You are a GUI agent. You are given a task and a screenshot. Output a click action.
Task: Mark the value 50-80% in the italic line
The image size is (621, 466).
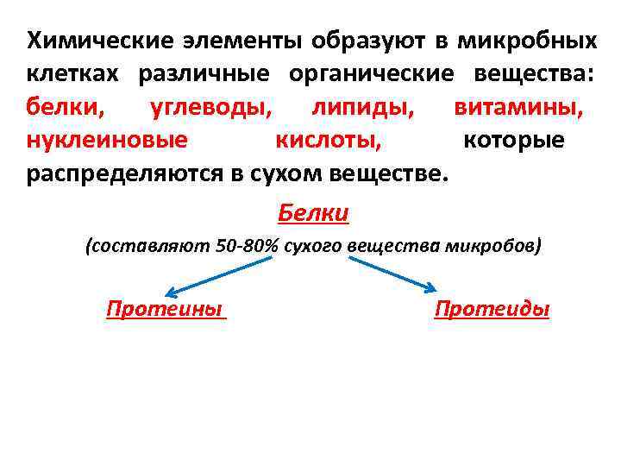pyautogui.click(x=248, y=246)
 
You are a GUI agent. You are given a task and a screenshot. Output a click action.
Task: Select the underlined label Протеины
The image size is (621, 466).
pyautogui.click(x=164, y=309)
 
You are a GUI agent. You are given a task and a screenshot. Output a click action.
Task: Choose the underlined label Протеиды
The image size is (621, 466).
pyautogui.click(x=492, y=309)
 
